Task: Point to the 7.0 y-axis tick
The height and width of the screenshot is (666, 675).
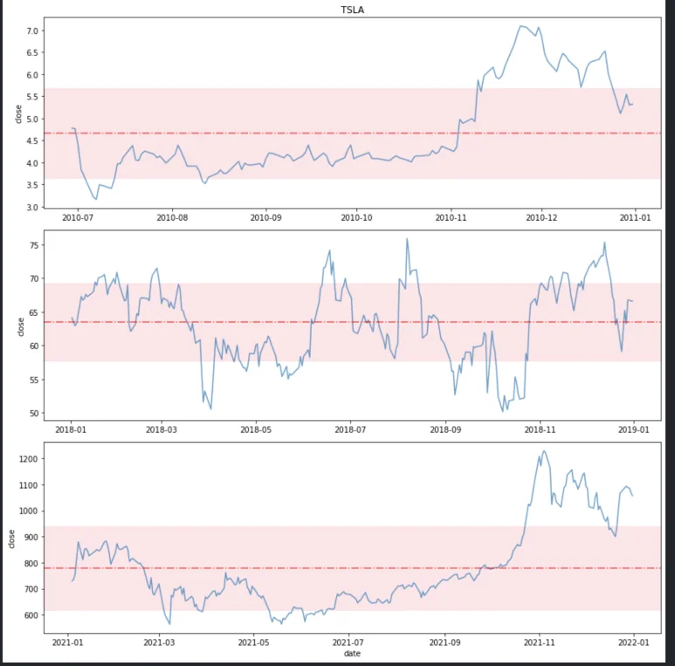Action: (33, 31)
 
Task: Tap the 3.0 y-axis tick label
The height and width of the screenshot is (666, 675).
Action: (33, 208)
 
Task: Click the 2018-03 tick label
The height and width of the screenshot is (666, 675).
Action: (162, 430)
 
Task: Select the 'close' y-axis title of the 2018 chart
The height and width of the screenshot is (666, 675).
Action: (21, 326)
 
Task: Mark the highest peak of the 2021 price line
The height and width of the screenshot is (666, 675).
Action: (543, 451)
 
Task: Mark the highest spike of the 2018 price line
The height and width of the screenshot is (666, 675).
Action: (407, 238)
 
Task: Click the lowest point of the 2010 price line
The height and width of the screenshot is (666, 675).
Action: (96, 200)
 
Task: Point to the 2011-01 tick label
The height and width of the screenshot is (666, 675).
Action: (634, 218)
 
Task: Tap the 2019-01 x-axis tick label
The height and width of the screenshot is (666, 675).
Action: (634, 430)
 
